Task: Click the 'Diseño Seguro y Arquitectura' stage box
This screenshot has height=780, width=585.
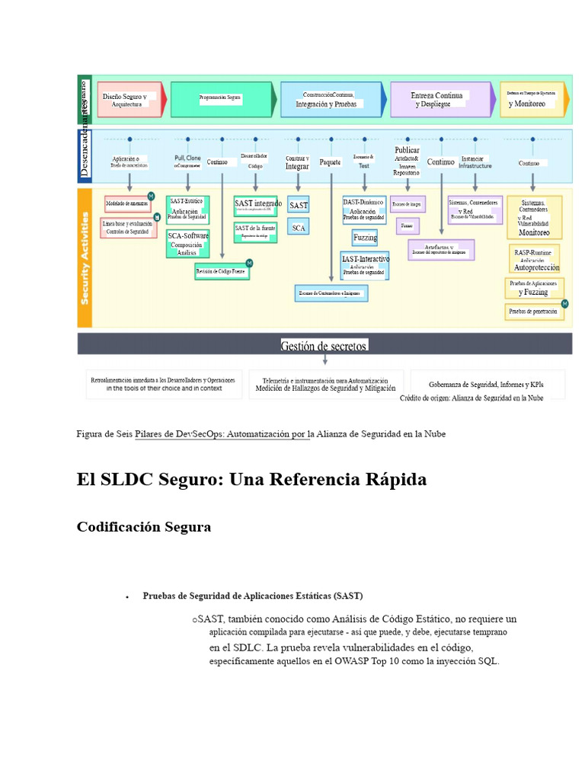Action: pyautogui.click(x=129, y=100)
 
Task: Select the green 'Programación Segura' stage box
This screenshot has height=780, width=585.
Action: pyautogui.click(x=221, y=98)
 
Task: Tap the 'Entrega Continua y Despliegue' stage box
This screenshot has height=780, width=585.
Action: pyautogui.click(x=438, y=100)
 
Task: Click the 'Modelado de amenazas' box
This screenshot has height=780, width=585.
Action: pyautogui.click(x=127, y=203)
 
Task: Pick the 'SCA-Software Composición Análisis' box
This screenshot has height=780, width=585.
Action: pyautogui.click(x=187, y=244)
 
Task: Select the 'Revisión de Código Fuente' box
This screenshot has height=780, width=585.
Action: pyautogui.click(x=222, y=270)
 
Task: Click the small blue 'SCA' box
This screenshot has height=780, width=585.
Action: pyautogui.click(x=299, y=227)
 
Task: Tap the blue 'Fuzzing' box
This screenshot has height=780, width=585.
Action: pyautogui.click(x=365, y=238)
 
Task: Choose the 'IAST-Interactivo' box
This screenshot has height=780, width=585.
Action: pyautogui.click(x=365, y=264)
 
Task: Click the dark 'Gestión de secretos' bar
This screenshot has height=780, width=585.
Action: pyautogui.click(x=324, y=345)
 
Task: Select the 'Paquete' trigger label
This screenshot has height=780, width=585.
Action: pyautogui.click(x=331, y=161)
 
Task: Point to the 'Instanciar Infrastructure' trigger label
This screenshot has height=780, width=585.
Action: pyautogui.click(x=475, y=161)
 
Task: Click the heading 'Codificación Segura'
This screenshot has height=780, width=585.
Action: pyautogui.click(x=144, y=526)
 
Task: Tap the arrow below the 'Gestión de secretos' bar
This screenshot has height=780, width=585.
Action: pyautogui.click(x=325, y=360)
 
